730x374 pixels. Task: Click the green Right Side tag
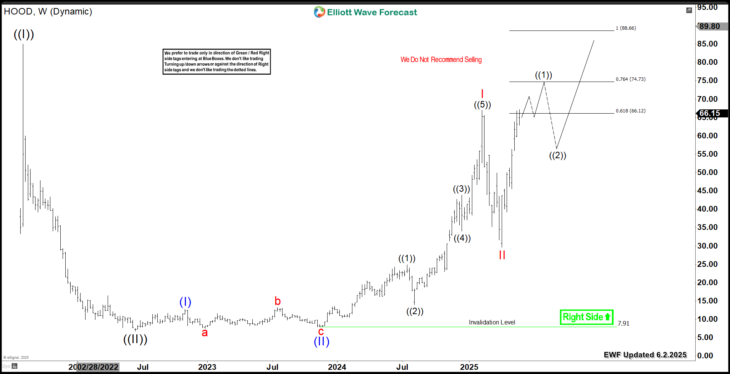[586, 317]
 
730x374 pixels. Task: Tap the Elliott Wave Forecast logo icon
[319, 12]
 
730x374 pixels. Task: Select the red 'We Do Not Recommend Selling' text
[441, 59]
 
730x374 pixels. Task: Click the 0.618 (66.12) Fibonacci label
[630, 111]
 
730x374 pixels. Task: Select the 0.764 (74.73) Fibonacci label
[630, 79]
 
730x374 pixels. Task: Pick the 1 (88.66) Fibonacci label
[626, 28]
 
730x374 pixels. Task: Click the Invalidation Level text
[492, 323]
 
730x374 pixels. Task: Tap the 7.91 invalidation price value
[623, 323]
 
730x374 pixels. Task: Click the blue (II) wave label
[321, 341]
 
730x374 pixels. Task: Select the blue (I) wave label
[185, 302]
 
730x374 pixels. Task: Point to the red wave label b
[278, 301]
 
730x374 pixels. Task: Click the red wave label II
[502, 255]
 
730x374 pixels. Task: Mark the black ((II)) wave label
[135, 339]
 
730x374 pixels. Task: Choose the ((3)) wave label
[461, 189]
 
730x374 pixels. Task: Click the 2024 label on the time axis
[337, 367]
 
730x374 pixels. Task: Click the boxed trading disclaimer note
[216, 61]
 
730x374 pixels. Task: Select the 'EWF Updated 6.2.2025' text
[645, 355]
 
